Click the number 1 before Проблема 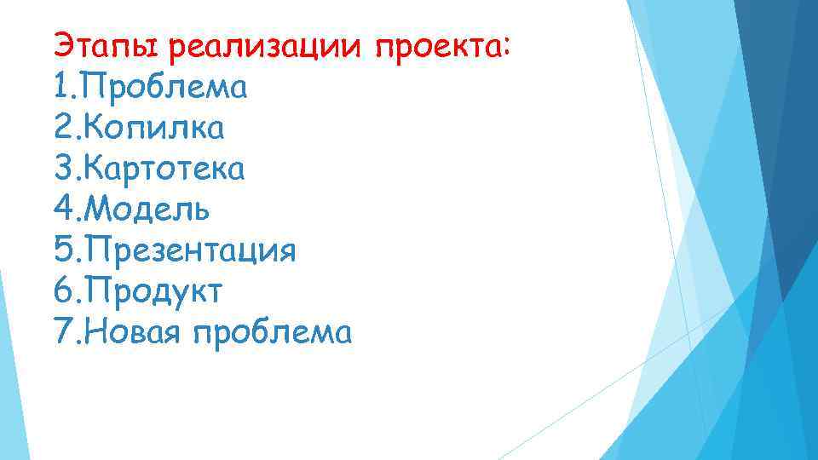[x=59, y=86]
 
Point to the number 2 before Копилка [x=60, y=127]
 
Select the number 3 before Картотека [x=60, y=169]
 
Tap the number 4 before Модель [x=60, y=210]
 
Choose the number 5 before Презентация [x=60, y=251]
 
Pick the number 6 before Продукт [x=60, y=292]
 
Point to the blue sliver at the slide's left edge [x=4, y=358]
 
